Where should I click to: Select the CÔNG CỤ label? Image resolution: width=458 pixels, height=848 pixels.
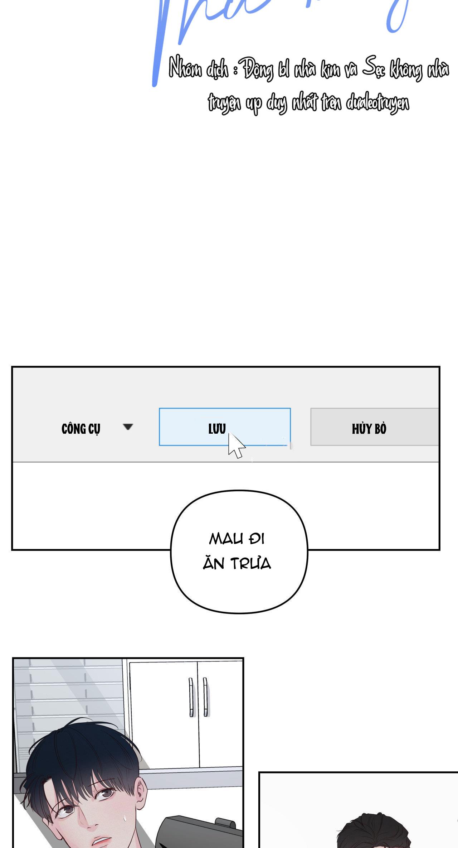point(81,429)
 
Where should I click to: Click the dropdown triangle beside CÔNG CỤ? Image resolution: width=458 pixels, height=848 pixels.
point(128,427)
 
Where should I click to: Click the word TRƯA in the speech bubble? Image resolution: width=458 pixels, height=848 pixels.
point(251,564)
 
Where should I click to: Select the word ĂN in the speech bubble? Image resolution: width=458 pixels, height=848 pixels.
point(214,563)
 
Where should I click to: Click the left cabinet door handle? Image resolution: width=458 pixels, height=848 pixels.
point(191,697)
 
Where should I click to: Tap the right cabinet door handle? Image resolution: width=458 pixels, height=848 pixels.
point(205,697)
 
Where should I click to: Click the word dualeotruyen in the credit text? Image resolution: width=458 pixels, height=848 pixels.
point(377,103)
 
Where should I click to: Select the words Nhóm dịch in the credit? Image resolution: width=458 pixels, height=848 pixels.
point(198,69)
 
